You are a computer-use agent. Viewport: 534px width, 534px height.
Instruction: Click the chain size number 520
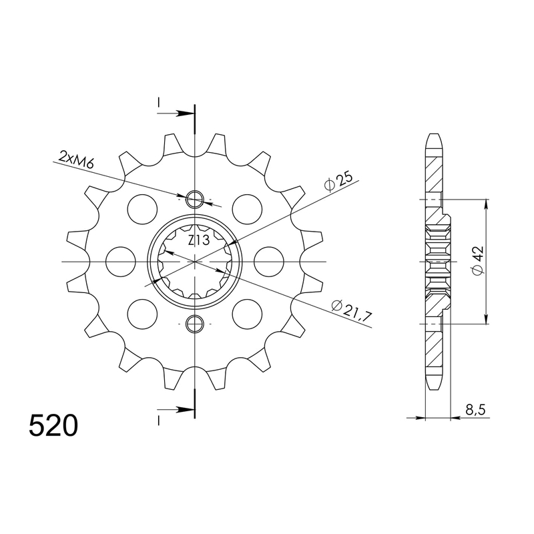(53, 425)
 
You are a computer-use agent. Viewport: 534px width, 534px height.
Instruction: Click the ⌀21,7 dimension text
(351, 310)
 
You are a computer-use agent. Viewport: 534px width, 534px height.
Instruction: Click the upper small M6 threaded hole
(195, 198)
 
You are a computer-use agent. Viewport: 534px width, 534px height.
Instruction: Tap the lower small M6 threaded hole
(195, 324)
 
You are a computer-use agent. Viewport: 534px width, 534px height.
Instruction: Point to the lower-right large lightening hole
(247, 313)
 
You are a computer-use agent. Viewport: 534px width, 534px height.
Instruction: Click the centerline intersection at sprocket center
(195, 261)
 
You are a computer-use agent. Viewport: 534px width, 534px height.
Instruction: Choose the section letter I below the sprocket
(159, 419)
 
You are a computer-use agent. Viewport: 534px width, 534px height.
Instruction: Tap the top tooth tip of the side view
(433, 136)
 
